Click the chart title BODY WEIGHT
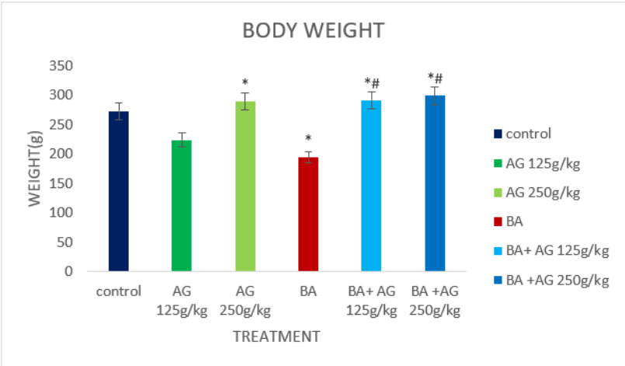click(314, 31)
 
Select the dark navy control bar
click(119, 191)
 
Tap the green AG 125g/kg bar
click(182, 206)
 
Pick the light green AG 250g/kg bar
click(245, 186)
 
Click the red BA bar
click(308, 214)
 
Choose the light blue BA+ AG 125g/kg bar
click(371, 186)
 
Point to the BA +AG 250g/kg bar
click(435, 183)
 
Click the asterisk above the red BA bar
click(308, 138)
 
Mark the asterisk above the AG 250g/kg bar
click(245, 82)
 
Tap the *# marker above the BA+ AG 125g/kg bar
click(372, 83)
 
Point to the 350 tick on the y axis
click(61, 65)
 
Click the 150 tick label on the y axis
click(61, 183)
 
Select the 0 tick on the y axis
click(68, 271)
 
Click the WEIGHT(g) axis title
click(35, 169)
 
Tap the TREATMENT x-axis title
click(276, 336)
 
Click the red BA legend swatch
click(498, 221)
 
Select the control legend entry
click(523, 134)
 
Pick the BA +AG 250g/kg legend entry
click(552, 281)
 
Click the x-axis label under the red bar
click(308, 291)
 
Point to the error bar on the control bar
click(119, 111)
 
